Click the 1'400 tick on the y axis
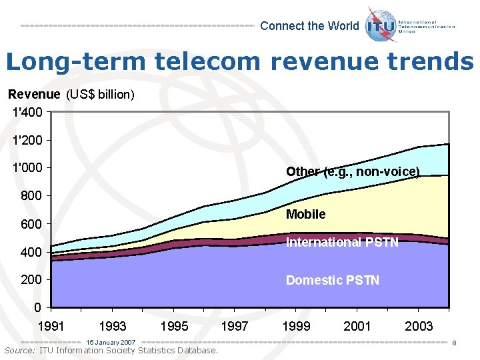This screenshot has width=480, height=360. click(27, 113)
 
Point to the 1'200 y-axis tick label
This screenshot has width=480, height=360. click(27, 141)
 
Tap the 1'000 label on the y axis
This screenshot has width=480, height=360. click(27, 168)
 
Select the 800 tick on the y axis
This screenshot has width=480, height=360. click(31, 196)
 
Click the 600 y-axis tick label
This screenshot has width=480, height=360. click(31, 224)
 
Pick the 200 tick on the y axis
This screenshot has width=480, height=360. click(31, 280)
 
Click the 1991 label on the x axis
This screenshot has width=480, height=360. click(51, 326)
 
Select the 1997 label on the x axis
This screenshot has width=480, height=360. click(234, 326)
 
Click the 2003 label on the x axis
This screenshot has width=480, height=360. click(418, 326)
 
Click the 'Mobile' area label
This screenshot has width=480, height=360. click(305, 214)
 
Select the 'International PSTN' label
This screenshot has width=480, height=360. click(342, 243)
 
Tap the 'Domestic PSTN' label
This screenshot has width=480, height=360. click(332, 281)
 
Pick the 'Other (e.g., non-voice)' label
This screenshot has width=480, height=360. click(353, 172)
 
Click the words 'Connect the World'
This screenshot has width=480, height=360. click(309, 26)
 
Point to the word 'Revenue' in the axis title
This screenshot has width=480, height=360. click(33, 95)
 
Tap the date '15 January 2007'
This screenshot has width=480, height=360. click(111, 342)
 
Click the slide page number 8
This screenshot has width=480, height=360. click(453, 343)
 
